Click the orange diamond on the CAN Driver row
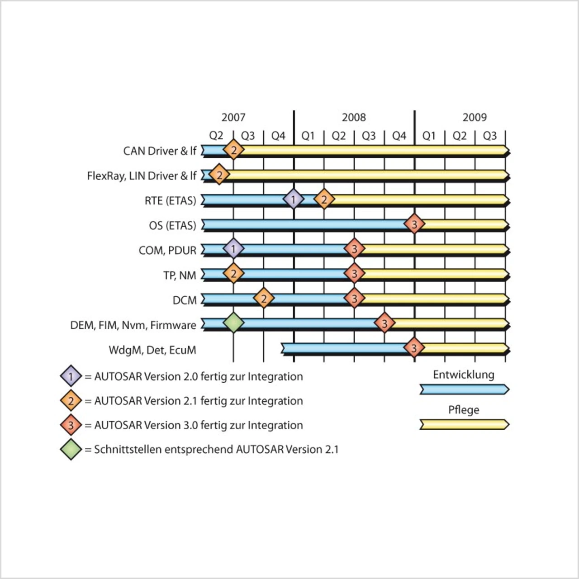pos(233,150)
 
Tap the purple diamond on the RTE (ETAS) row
pos(293,199)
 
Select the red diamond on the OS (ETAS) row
pos(414,224)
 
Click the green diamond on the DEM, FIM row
pos(233,323)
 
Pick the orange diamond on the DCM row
pos(264,299)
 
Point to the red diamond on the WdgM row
pos(414,348)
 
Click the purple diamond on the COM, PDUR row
pos(233,249)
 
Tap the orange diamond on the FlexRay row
pos(219,175)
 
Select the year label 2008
pos(354,118)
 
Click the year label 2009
pos(475,118)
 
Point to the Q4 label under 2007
pos(278,136)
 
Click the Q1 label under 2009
pos(429,136)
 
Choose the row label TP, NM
pos(180,275)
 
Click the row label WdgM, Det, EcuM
pos(152,350)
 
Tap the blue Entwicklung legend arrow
pos(464,389)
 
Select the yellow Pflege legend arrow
pos(464,424)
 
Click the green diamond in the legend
pos(71,449)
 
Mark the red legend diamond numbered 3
pos(71,425)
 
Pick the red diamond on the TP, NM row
pos(354,274)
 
